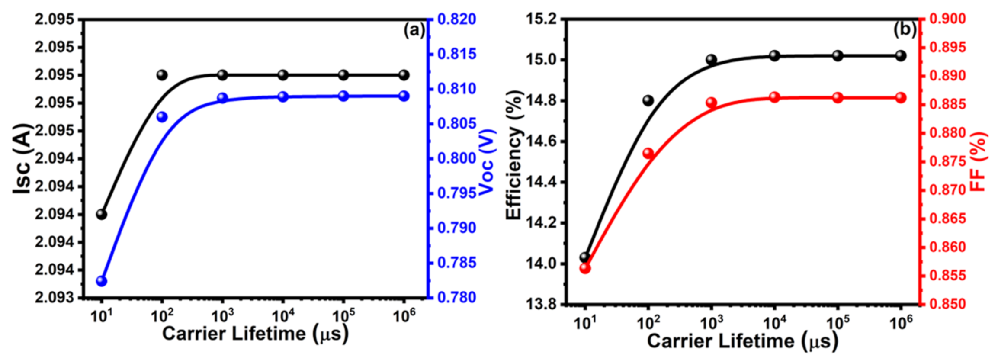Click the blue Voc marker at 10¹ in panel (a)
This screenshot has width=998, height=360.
(x=102, y=281)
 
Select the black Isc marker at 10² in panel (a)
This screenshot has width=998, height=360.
(x=162, y=75)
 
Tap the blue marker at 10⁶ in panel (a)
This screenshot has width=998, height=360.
(x=404, y=96)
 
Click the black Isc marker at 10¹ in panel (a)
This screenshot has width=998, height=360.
(x=102, y=214)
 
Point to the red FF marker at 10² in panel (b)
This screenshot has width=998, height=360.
(x=648, y=154)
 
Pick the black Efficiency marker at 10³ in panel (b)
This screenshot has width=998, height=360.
(x=711, y=60)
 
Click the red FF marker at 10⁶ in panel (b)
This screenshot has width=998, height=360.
(x=901, y=98)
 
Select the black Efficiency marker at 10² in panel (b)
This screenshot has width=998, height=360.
(x=648, y=101)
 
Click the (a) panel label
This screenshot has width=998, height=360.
(x=414, y=30)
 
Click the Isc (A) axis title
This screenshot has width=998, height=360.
(x=22, y=158)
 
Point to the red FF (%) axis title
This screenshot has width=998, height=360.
(x=978, y=161)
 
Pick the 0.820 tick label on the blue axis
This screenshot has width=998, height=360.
(x=456, y=19)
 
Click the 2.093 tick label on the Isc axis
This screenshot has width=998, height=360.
(x=54, y=298)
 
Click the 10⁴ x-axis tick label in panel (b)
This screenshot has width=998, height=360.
(x=774, y=323)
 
